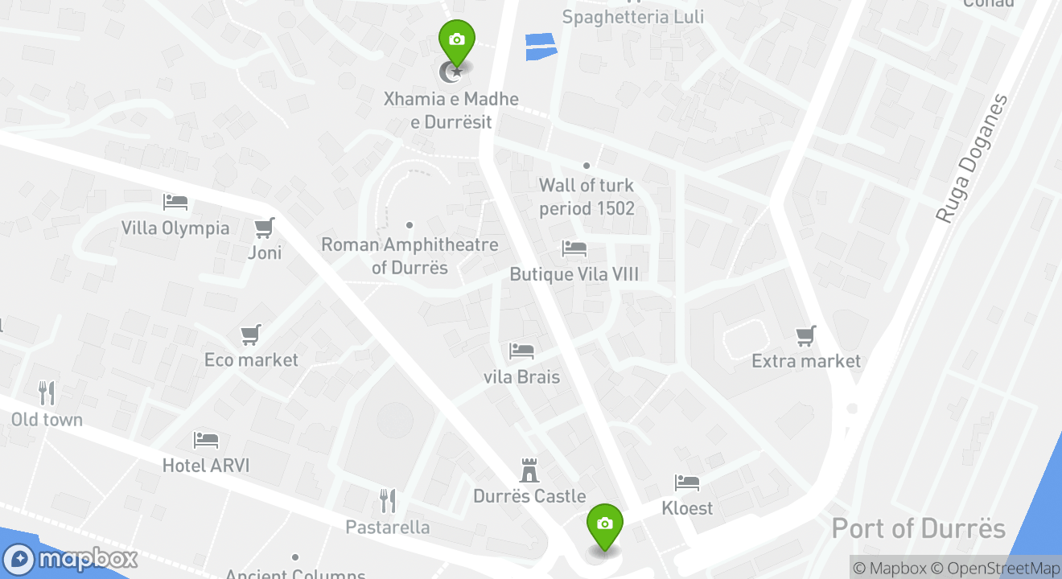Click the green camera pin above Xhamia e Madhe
coord(456,40)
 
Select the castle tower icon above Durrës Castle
coord(529,470)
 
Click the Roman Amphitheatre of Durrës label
coord(410,256)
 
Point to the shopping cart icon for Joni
coord(264,228)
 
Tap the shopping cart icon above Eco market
coord(251,334)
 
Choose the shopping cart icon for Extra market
coord(805,335)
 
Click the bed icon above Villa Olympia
coord(175,202)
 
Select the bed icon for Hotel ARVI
coord(206,440)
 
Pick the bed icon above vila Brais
coord(521,351)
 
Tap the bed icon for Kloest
coord(687,482)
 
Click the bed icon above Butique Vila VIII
coord(574,248)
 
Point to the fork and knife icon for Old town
coord(47,393)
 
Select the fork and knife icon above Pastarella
coord(388,500)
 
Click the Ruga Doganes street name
coord(972,159)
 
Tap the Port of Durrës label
coord(918,528)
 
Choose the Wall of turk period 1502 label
coord(587,197)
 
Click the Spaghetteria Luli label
coord(632,17)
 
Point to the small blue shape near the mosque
coord(541,46)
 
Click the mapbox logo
coord(70,559)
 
